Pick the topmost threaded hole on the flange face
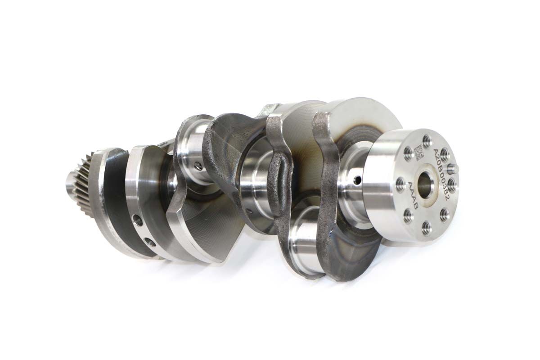point(426,139)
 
